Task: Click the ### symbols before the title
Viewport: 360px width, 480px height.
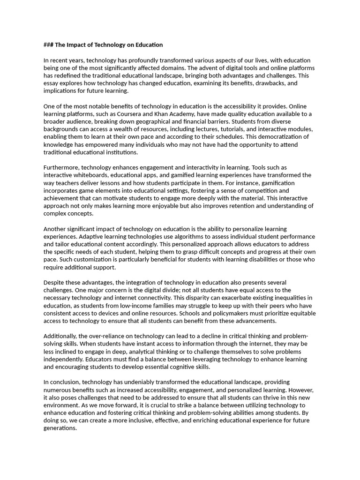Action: [x=48, y=45]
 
